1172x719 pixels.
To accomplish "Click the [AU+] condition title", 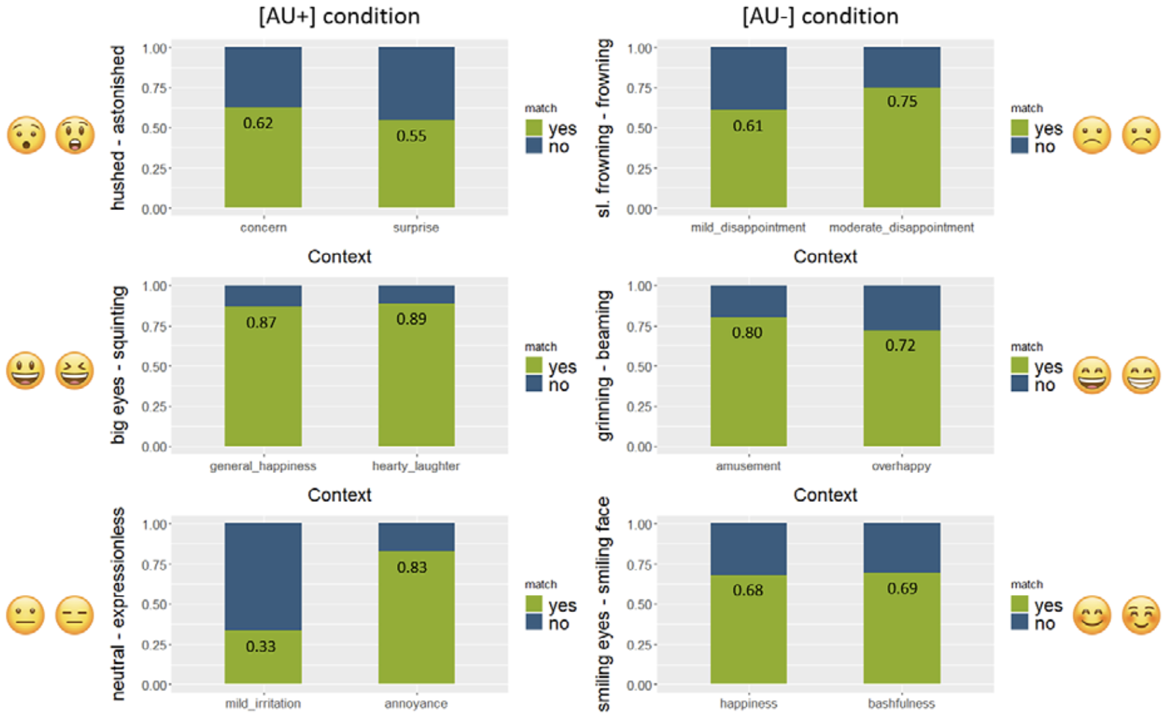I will [x=339, y=16].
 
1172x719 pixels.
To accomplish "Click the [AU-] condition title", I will [x=820, y=16].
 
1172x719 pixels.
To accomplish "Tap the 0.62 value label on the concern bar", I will [x=258, y=123].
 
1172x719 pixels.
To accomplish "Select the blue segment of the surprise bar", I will [x=416, y=83].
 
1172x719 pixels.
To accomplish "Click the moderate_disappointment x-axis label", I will [x=901, y=228].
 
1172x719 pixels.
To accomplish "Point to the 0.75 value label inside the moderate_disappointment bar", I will [x=902, y=102].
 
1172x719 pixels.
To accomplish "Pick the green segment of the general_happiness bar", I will [x=263, y=387].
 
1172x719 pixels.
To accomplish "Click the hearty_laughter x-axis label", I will [x=416, y=466].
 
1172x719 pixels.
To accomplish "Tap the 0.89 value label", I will [x=411, y=319].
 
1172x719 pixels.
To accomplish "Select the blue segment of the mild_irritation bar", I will [x=263, y=577].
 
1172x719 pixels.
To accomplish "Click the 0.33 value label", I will [x=261, y=647].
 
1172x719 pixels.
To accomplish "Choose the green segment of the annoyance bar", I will [x=416, y=623].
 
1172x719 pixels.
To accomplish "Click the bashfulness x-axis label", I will [x=901, y=704].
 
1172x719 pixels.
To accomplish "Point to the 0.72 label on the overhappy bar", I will [x=900, y=346].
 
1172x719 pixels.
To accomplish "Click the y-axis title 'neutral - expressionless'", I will [x=118, y=604].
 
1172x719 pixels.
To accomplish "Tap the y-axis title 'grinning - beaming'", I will [x=604, y=365].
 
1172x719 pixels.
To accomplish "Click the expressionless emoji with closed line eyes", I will [x=74, y=615].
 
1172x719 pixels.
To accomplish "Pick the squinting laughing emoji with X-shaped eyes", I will [x=74, y=371].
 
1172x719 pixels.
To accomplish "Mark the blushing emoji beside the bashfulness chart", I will [x=1141, y=615].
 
